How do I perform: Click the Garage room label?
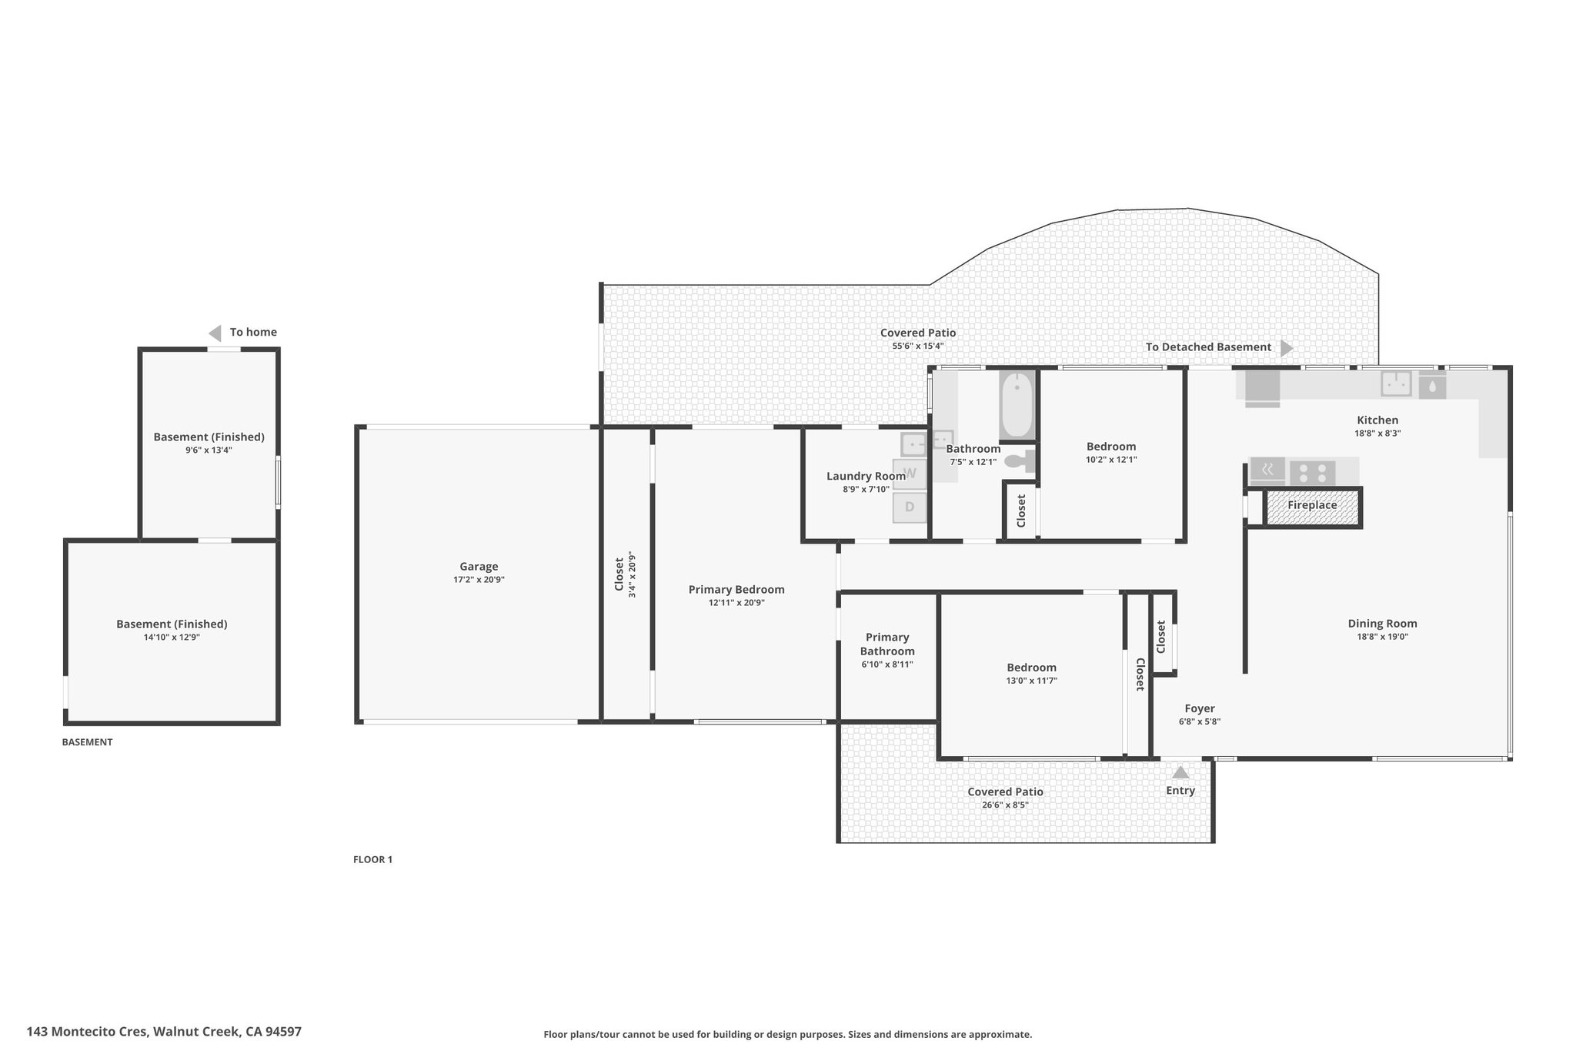(479, 567)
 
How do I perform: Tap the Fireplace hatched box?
(1312, 507)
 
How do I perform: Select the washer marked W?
(910, 474)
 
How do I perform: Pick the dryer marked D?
(910, 507)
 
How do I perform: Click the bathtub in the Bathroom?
(1017, 406)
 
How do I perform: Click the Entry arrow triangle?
(1180, 772)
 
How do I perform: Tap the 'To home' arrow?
(215, 333)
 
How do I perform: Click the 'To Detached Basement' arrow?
(1287, 348)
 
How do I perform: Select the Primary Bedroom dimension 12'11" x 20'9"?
(736, 603)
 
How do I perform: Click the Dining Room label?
(1382, 624)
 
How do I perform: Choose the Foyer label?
(1200, 709)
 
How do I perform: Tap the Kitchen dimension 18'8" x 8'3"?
(1377, 433)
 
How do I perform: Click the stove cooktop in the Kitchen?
(1312, 471)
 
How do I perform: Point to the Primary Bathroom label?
(887, 644)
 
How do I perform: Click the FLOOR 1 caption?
(372, 859)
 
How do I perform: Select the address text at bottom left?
(164, 1031)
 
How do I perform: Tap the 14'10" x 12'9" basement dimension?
(172, 638)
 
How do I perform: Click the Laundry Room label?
(866, 476)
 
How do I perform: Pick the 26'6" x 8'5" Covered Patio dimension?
(1005, 805)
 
